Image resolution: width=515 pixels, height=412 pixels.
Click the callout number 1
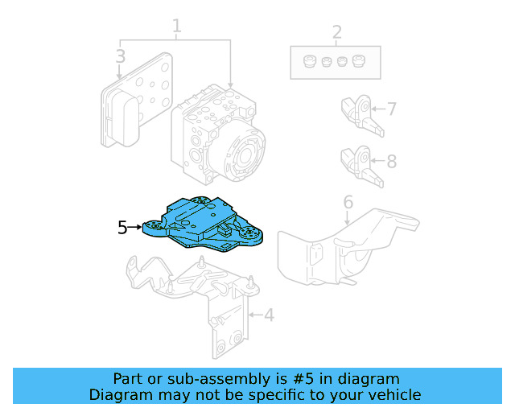tap(176, 27)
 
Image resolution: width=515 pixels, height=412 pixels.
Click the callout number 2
tap(336, 33)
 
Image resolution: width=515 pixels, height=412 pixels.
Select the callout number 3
tap(120, 56)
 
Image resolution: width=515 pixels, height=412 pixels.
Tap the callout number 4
tap(269, 315)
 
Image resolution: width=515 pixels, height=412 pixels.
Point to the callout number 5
tap(122, 228)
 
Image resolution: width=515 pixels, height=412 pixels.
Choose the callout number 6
tap(348, 201)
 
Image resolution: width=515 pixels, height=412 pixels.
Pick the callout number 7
tap(392, 109)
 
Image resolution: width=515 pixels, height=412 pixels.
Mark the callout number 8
tap(392, 161)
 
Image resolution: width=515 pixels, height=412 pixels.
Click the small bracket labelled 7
tap(360, 114)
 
